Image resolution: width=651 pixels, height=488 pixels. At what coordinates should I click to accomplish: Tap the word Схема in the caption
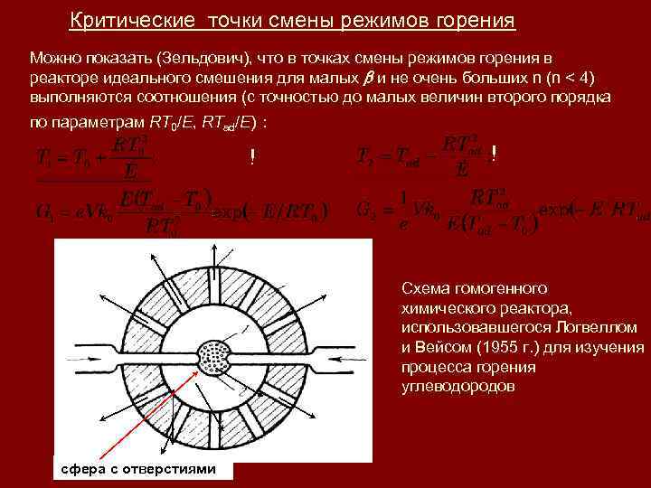[x=423, y=288]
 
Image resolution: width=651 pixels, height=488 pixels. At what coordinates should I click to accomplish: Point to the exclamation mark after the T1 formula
[x=252, y=158]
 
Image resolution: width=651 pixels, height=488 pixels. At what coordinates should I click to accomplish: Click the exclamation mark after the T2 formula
[x=493, y=155]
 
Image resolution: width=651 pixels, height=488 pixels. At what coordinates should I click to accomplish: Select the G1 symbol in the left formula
[x=45, y=213]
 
